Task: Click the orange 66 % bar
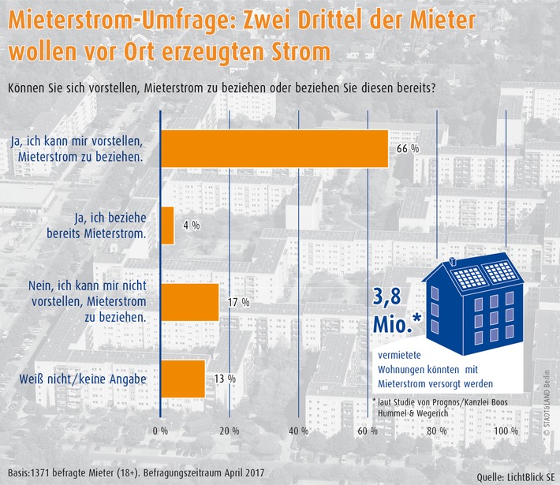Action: point(274,148)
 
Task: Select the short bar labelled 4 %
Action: point(167,226)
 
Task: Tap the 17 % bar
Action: point(189,302)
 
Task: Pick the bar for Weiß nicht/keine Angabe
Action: point(183,379)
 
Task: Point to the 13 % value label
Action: point(225,379)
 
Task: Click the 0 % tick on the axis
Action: point(161,431)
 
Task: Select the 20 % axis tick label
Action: point(230,431)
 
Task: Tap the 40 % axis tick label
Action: point(299,431)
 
